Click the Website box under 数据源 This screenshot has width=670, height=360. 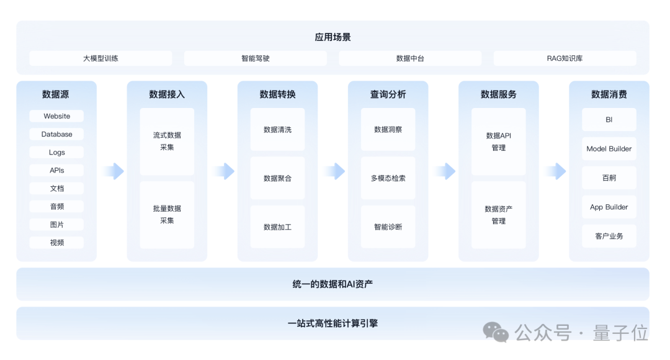pyautogui.click(x=56, y=116)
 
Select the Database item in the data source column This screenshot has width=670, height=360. pyautogui.click(x=56, y=134)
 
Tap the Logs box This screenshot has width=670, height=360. pyautogui.click(x=56, y=152)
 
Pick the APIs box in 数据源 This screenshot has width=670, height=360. pyautogui.click(x=56, y=170)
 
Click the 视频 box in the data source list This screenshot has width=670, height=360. pyautogui.click(x=56, y=243)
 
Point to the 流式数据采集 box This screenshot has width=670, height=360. pyautogui.click(x=167, y=142)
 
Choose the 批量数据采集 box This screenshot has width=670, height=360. pyautogui.click(x=167, y=215)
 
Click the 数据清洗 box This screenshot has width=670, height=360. pyautogui.click(x=277, y=130)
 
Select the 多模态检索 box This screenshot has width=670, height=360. pyautogui.click(x=388, y=178)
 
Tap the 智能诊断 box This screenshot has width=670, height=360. pyautogui.click(x=388, y=227)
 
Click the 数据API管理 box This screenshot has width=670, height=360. pyautogui.click(x=498, y=142)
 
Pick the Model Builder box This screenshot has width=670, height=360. pyautogui.click(x=609, y=149)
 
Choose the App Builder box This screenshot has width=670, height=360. pyautogui.click(x=609, y=207)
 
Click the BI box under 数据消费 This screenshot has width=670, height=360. pyautogui.click(x=609, y=120)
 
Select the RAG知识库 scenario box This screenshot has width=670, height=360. pyautogui.click(x=565, y=58)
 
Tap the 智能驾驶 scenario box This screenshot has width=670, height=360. pyautogui.click(x=255, y=58)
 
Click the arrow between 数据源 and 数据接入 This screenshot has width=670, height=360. pyautogui.click(x=113, y=171)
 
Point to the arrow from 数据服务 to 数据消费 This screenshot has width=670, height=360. pyautogui.click(x=555, y=171)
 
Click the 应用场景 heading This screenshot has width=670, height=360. pyautogui.click(x=333, y=37)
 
